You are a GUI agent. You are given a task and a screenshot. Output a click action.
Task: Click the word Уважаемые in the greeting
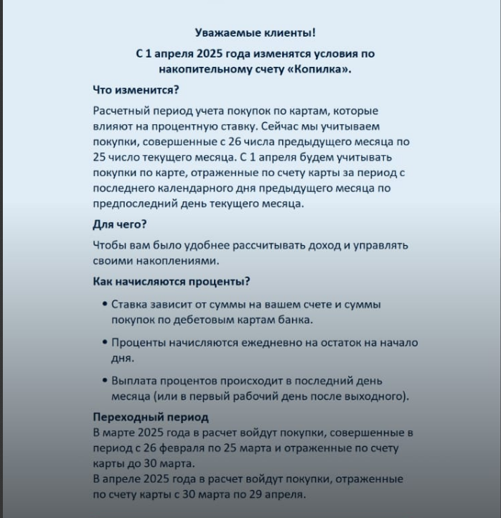point(221,32)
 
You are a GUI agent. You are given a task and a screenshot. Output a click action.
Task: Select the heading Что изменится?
point(136,91)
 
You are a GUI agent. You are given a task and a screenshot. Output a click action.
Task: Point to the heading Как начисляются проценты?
point(176,282)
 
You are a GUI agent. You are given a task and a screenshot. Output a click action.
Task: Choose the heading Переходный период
point(151,417)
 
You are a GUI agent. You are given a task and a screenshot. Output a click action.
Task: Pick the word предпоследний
point(135,203)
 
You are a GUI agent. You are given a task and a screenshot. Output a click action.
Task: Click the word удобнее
point(206,246)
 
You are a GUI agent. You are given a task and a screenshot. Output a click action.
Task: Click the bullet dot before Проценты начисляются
point(105,343)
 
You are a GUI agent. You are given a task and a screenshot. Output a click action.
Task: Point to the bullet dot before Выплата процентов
point(105,381)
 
